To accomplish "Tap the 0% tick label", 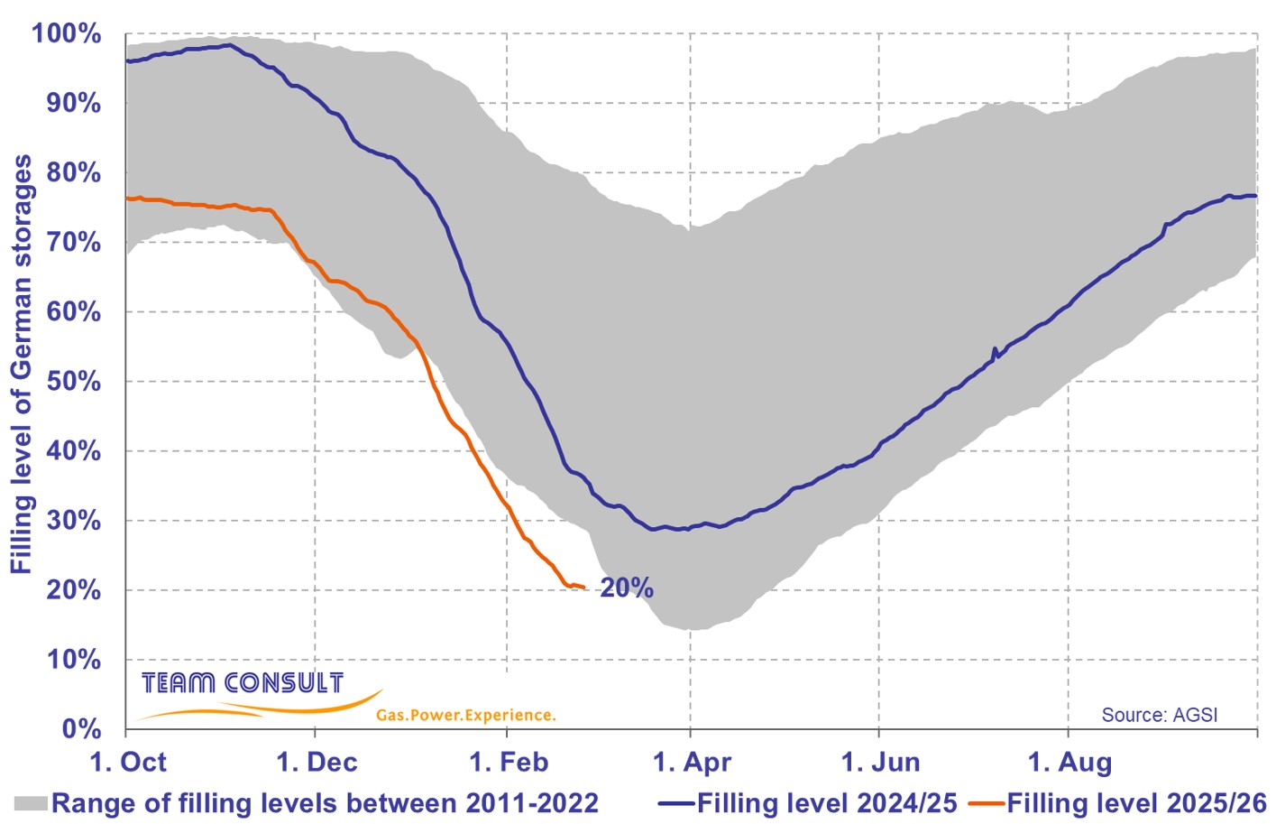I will tap(80, 729).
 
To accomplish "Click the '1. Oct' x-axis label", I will tap(128, 763).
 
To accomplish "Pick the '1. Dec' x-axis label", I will tap(317, 763).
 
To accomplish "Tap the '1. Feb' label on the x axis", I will tap(509, 763).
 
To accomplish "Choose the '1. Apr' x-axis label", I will tap(692, 763).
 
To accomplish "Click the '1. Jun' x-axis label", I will tap(880, 763).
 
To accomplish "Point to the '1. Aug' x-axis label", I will tap(1069, 763).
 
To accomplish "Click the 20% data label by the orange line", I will tap(627, 588).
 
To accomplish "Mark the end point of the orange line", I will tap(584, 588).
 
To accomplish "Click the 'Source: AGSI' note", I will tap(1159, 715).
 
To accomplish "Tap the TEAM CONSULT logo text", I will tap(243, 683).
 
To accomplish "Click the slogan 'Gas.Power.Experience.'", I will tap(465, 715).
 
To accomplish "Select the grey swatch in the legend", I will tap(30, 803).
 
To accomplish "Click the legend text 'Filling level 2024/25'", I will tap(826, 803).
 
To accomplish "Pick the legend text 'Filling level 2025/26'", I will tap(1136, 803).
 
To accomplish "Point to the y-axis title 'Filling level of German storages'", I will tap(21, 364).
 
